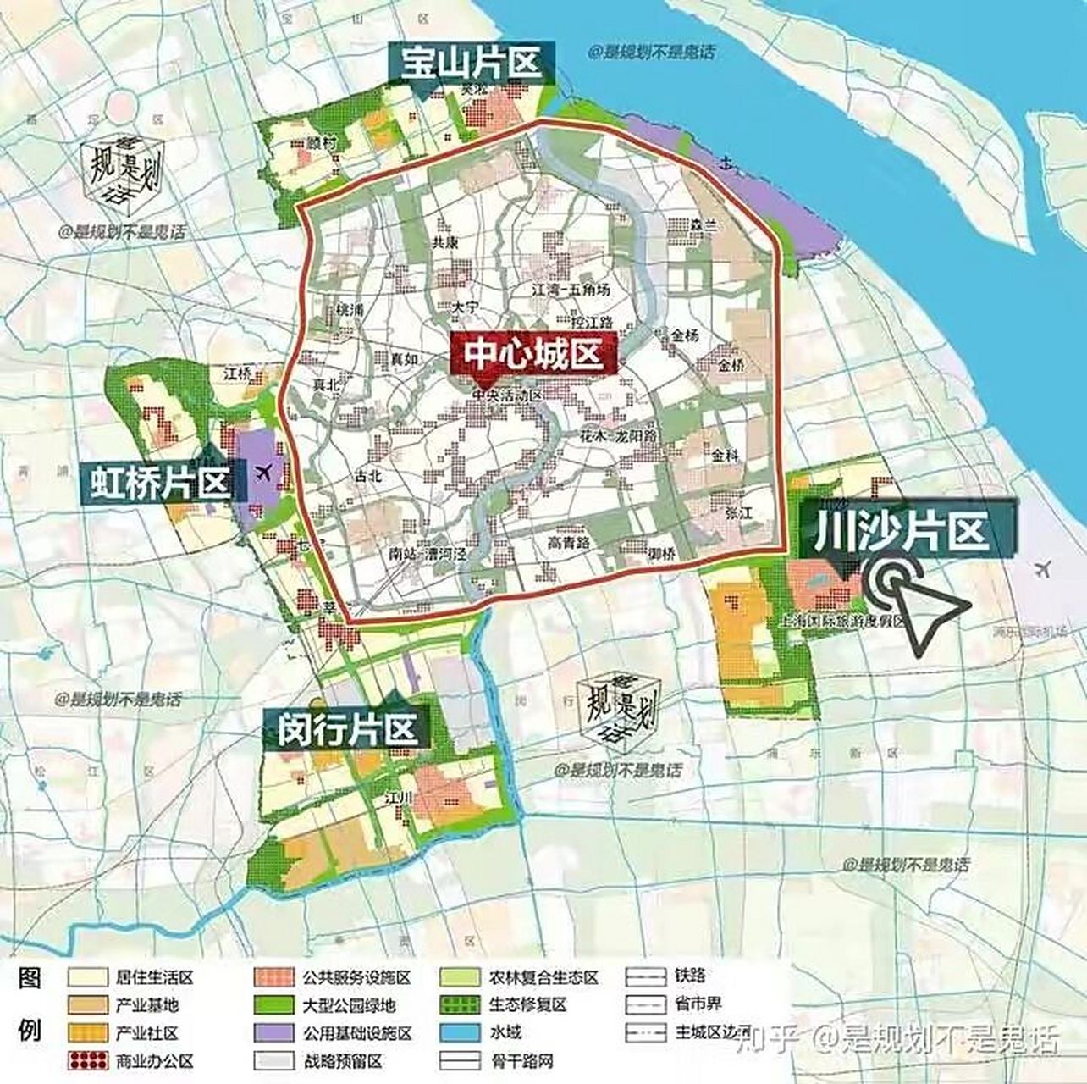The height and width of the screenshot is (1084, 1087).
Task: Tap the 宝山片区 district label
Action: coord(470,64)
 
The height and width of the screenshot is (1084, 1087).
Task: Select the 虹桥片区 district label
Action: coord(159,484)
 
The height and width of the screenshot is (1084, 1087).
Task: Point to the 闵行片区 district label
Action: coord(348,728)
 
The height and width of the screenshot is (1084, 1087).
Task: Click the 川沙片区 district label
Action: coord(901,532)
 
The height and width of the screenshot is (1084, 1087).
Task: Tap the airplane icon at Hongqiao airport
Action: coord(264,472)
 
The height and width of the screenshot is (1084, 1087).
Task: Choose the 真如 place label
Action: coord(403,359)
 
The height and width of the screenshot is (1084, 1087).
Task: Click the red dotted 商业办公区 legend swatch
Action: coord(88,1061)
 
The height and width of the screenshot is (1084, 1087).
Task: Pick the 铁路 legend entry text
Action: coord(690,976)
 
